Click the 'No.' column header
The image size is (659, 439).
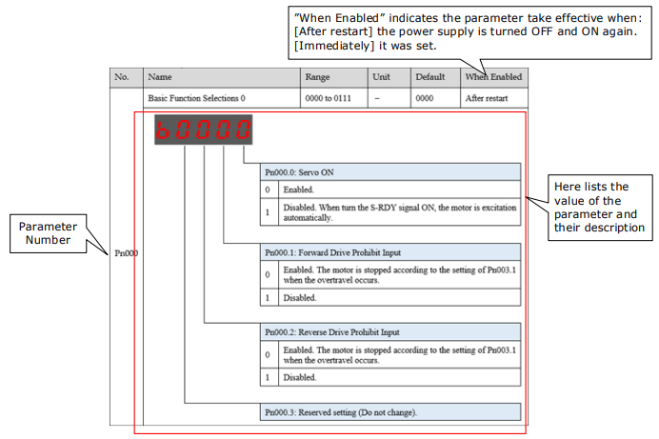[122, 77]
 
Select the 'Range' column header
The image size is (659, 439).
[317, 77]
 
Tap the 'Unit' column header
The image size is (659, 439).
[381, 77]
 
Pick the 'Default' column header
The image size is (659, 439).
[429, 77]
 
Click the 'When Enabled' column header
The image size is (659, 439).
[493, 77]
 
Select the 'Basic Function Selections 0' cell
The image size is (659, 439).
[196, 98]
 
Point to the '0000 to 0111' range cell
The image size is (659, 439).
[328, 98]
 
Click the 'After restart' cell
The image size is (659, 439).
[487, 98]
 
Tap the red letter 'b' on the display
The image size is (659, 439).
[163, 130]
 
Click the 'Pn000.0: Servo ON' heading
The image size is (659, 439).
[299, 172]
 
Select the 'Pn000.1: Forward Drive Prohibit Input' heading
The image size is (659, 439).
[332, 252]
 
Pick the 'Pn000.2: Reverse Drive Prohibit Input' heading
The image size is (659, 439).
[332, 332]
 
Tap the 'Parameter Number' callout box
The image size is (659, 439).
[48, 233]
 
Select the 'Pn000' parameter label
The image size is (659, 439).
[126, 253]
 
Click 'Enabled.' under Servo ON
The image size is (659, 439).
[298, 190]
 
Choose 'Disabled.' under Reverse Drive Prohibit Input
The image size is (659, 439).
[300, 378]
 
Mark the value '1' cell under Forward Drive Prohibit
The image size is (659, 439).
[268, 298]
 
